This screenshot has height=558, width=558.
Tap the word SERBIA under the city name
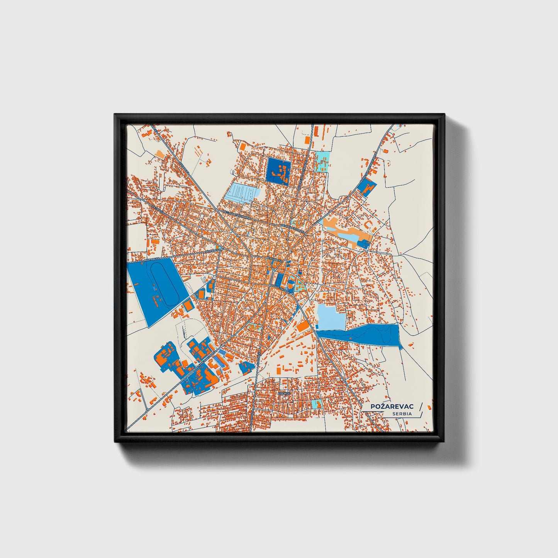(x=402, y=414)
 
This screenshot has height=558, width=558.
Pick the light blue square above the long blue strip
(x=331, y=317)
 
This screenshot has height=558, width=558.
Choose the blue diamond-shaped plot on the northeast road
(x=366, y=187)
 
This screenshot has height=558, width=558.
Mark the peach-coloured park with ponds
(x=346, y=231)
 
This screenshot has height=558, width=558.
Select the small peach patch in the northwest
(x=159, y=154)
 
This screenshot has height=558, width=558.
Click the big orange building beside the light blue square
(x=302, y=326)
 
